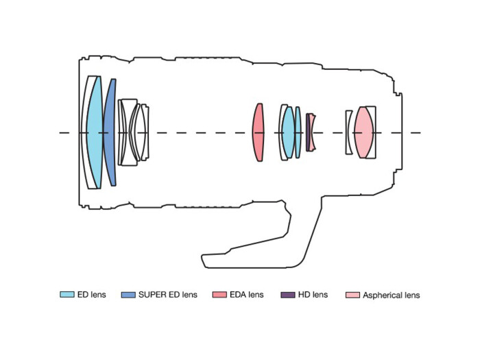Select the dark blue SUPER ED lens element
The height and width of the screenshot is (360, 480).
[110, 132]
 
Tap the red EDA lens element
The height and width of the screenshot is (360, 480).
[258, 132]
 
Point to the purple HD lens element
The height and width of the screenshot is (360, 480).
[309, 132]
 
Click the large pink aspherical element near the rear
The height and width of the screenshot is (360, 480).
[364, 132]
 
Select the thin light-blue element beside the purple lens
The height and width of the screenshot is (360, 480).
[298, 132]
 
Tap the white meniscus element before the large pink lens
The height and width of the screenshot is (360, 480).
[348, 132]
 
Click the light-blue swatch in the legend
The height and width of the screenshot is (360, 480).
[67, 295]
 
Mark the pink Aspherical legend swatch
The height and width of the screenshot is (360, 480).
[351, 295]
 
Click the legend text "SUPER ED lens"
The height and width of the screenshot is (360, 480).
[168, 295]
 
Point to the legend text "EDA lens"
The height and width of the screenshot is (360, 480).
[247, 295]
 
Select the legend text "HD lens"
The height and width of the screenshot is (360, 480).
[313, 295]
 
